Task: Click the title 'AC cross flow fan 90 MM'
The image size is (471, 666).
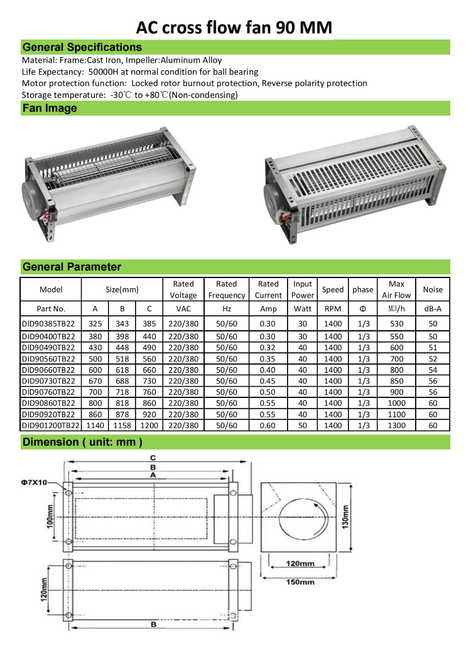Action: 234,28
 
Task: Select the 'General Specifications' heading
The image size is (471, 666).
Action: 82,47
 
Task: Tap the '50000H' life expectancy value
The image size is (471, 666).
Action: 103,72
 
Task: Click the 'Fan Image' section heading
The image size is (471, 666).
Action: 50,109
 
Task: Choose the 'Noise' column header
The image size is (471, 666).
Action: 433,289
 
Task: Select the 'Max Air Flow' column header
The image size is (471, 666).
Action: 396,289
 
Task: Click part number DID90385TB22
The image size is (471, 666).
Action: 48,324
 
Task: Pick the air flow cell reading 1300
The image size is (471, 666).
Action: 396,426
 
